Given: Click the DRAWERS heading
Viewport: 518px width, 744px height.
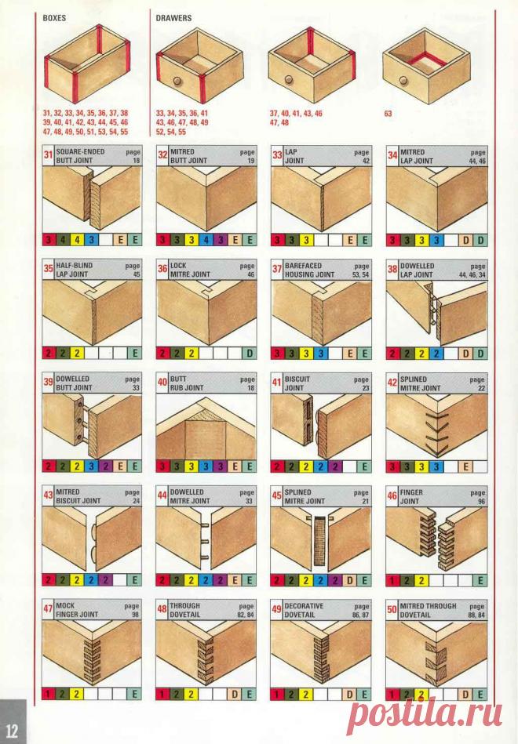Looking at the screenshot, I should (x=173, y=16).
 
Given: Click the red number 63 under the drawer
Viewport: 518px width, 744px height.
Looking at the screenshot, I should (x=388, y=114).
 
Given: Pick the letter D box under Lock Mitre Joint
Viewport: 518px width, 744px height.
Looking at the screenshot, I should (x=249, y=353).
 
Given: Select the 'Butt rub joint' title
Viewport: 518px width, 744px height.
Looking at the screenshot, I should (x=188, y=383).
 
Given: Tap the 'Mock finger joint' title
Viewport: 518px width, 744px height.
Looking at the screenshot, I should (x=77, y=611).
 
